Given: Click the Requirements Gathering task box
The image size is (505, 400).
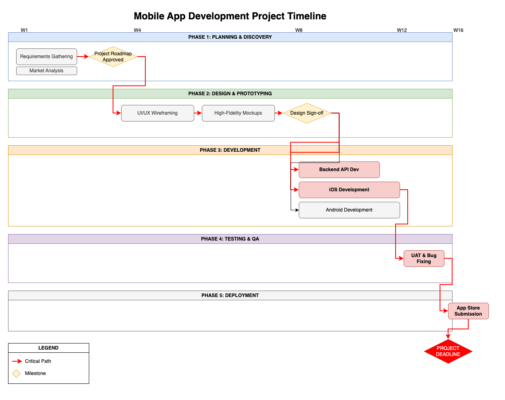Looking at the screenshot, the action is click(x=46, y=57).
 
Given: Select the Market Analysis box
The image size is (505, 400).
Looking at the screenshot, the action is click(x=46, y=71).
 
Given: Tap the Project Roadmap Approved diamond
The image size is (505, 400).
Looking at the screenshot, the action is click(x=113, y=57).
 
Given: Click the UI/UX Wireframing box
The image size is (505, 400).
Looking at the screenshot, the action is click(x=157, y=113).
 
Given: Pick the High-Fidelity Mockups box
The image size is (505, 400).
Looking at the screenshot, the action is click(x=238, y=113).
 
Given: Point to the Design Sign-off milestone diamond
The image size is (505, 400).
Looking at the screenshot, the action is click(x=307, y=113).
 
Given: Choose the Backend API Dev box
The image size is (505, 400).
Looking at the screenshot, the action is click(x=339, y=170).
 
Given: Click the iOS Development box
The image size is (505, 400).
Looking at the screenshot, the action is click(x=349, y=190).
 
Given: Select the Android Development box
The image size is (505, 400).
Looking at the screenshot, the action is click(x=349, y=210).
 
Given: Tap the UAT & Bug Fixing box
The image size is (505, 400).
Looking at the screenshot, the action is click(x=424, y=259).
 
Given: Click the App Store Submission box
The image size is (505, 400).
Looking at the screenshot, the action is click(x=468, y=311).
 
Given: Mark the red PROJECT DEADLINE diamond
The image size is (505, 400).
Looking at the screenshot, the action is click(x=448, y=351).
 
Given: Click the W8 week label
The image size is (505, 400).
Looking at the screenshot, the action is click(x=299, y=30).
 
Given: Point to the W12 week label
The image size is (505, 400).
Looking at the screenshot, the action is click(x=402, y=30).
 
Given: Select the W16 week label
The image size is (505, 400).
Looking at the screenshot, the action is click(x=458, y=30).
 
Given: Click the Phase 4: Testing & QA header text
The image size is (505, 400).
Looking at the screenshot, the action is click(x=230, y=239).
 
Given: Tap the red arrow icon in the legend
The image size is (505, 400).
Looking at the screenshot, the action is click(x=17, y=361).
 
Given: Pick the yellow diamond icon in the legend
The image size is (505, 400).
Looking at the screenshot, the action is click(x=17, y=373).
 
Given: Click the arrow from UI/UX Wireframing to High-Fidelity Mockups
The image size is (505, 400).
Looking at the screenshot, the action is click(x=198, y=113).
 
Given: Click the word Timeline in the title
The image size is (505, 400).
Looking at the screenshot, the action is click(x=307, y=16).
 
